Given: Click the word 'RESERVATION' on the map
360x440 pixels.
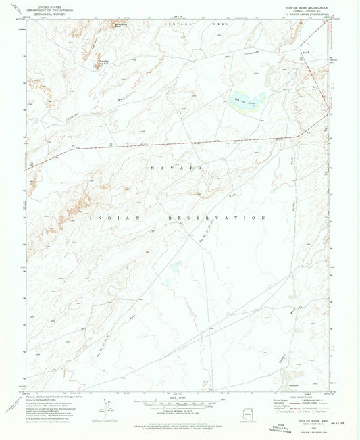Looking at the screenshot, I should coord(215,218).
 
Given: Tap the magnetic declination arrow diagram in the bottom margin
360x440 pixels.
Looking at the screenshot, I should coord(109,406).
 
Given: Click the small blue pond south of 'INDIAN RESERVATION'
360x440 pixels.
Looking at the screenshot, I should coord(175,268).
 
